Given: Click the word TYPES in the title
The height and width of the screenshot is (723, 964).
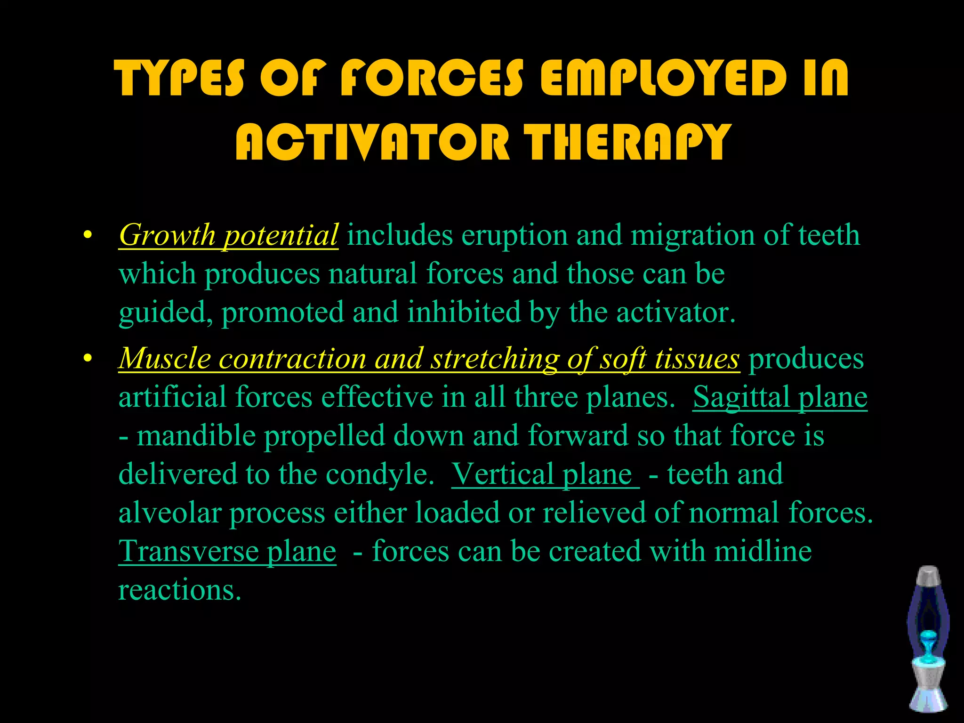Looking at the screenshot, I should click(x=180, y=78).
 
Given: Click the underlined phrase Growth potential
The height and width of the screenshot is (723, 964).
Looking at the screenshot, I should click(x=228, y=235).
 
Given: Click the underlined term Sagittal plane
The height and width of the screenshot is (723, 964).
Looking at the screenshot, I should click(x=779, y=397).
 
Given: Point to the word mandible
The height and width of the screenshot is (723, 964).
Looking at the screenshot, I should click(x=196, y=435).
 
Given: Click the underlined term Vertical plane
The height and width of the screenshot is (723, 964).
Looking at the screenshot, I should click(x=545, y=474).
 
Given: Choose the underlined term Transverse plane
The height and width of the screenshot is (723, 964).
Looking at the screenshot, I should click(x=227, y=551).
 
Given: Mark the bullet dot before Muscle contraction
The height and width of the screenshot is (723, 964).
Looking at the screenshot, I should click(x=86, y=359).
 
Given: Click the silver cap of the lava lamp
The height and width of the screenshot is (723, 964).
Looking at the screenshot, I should click(x=928, y=575).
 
